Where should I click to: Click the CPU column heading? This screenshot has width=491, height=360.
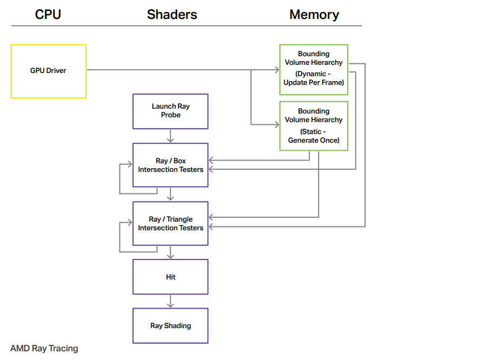pos(48,15)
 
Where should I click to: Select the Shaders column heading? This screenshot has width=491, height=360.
pos(172,15)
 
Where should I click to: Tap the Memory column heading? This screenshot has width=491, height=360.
pos(314,15)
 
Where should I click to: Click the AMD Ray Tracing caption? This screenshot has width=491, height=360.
pos(44,349)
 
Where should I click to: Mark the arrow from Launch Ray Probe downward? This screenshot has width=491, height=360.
pos(170,136)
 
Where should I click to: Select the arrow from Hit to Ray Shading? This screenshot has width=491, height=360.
pos(170,301)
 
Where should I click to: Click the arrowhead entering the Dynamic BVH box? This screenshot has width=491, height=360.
pos(277,70)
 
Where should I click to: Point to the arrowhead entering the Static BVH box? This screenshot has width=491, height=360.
pos(277,124)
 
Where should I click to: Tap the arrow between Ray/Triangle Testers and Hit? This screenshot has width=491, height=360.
pos(170,252)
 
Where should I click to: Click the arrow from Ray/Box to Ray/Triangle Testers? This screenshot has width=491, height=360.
pos(170,194)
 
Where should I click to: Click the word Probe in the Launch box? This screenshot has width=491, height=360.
pos(171,115)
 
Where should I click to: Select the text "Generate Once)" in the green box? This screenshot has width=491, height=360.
pos(314,140)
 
